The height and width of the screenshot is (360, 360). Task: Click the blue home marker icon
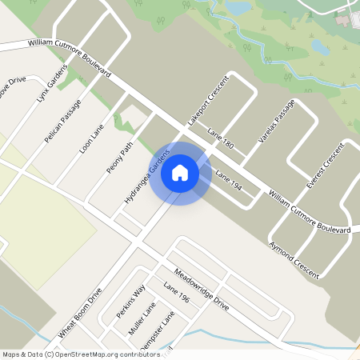pos(180,173)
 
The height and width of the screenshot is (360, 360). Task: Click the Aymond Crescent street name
pos(294,258)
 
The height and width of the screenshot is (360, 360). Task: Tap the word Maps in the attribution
pos(12,354)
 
